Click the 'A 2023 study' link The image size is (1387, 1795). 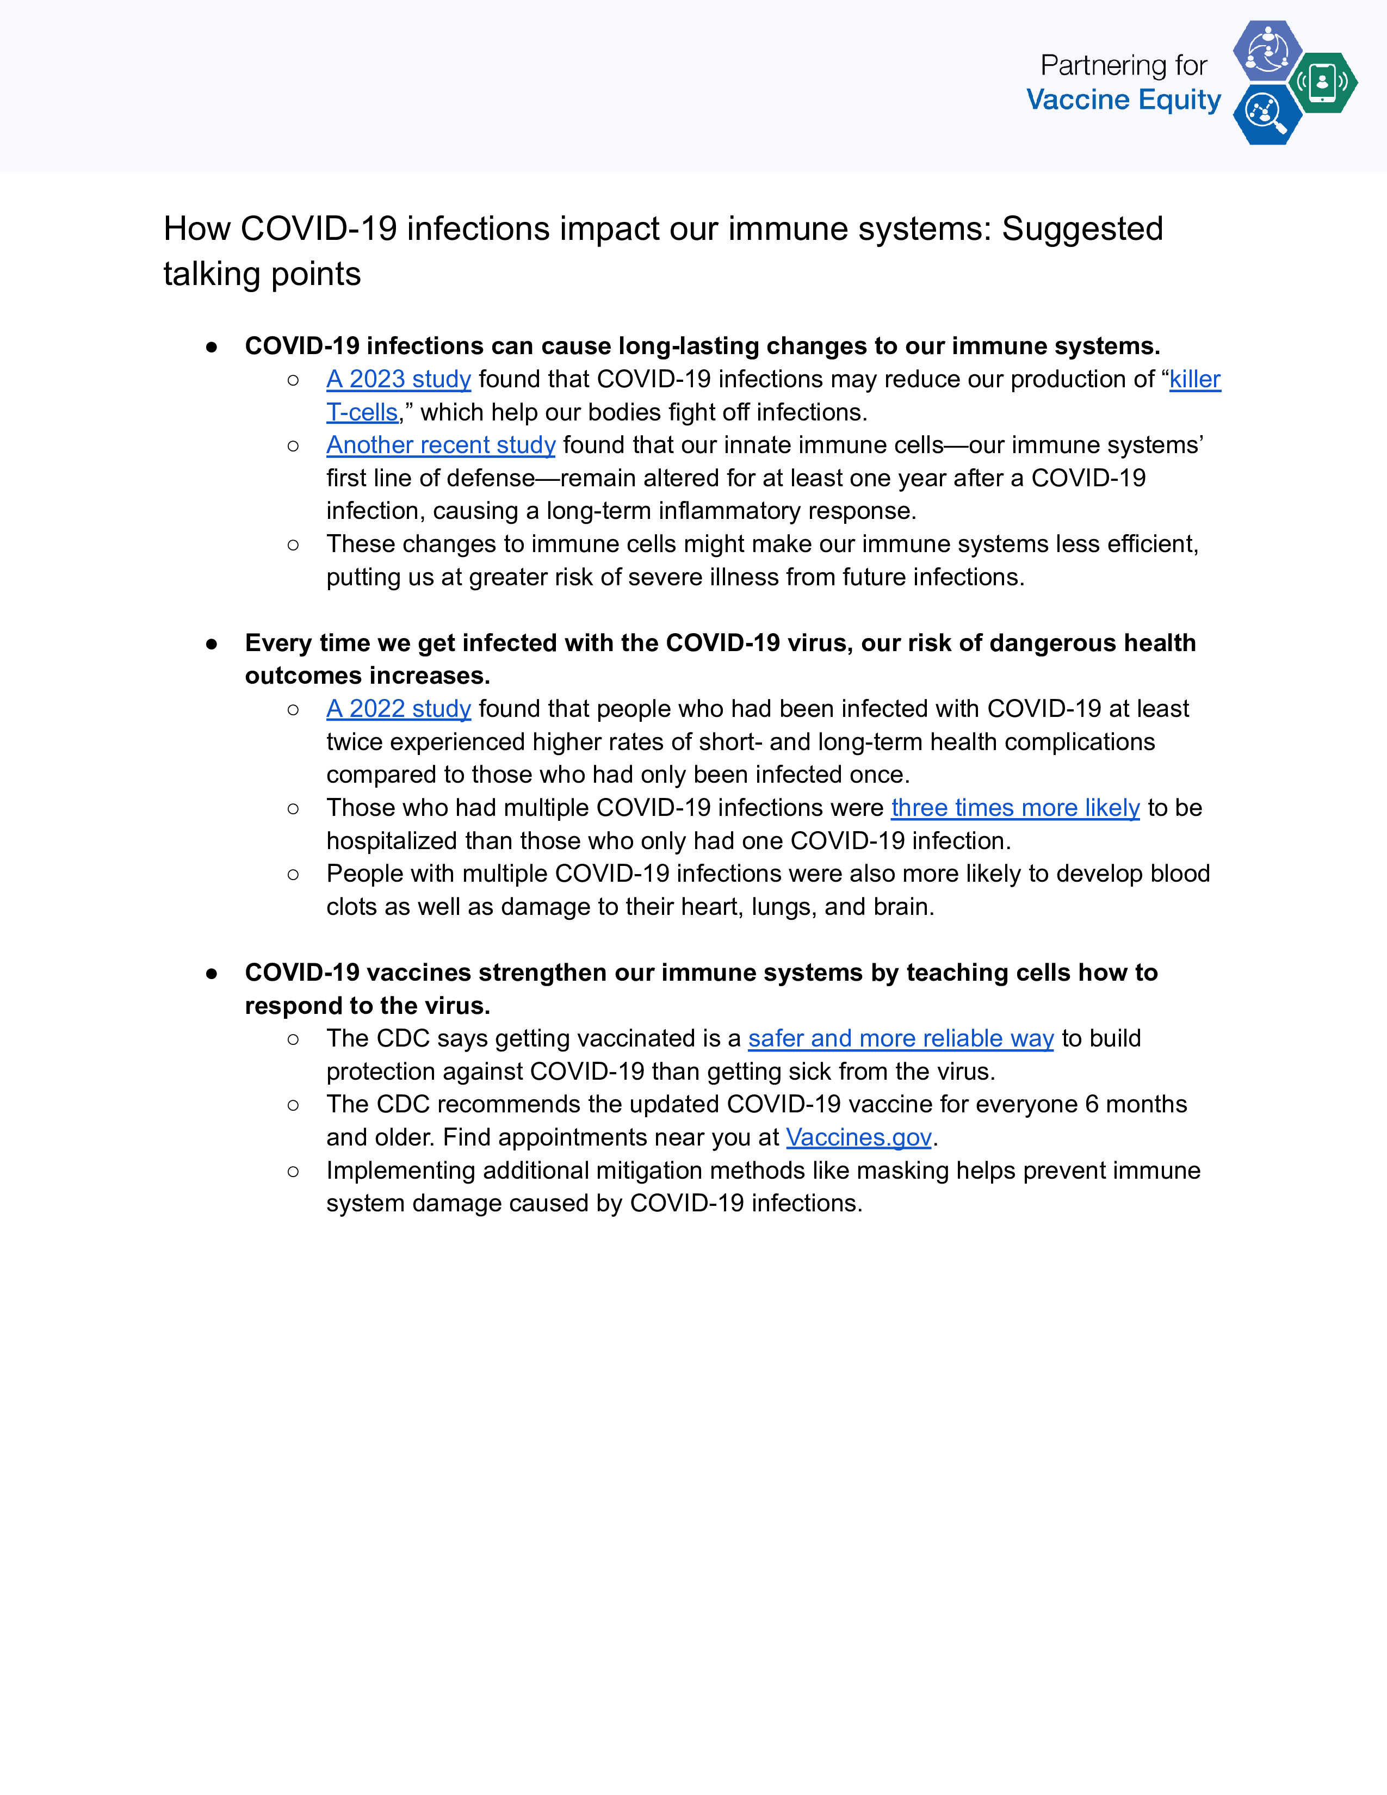pos(399,379)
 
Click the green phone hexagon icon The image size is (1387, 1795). pos(1322,82)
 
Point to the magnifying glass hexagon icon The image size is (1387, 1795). pos(1267,114)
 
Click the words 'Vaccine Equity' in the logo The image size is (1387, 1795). pos(1123,100)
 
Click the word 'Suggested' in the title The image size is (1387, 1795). pos(1081,230)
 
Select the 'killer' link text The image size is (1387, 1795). pos(1195,379)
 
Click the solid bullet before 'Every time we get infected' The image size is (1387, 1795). pos(212,643)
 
